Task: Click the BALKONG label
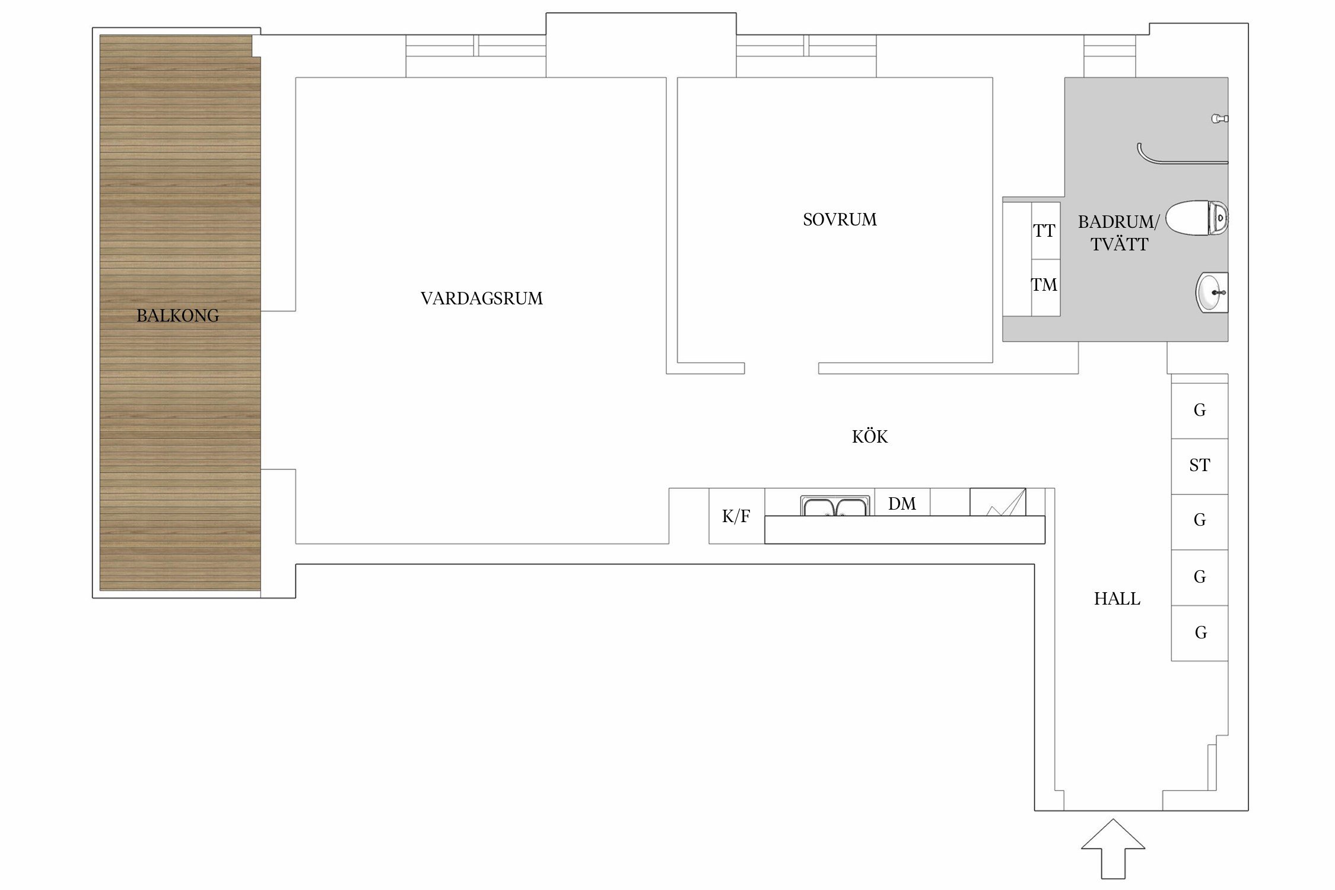coord(177,316)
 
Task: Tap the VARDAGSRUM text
coord(481,298)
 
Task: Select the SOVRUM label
coord(840,220)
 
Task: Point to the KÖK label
coord(870,437)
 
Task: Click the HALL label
coord(1117,599)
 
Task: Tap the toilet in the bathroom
coord(1197,218)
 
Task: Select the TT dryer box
coord(1045,231)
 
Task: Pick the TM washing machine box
coord(1045,287)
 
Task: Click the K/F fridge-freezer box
coord(737,516)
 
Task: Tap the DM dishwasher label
coord(902,504)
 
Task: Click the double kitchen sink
coord(835,506)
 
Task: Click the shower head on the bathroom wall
coord(1220,119)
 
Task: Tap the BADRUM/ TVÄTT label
coord(1119,233)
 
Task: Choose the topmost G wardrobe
coord(1200,411)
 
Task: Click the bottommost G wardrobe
coord(1200,633)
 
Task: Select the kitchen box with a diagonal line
coord(998,502)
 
